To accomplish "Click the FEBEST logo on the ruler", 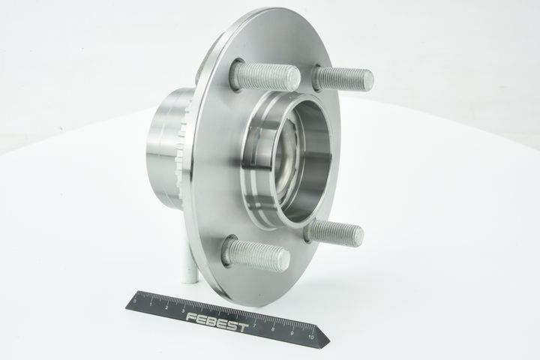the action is tap(217, 322).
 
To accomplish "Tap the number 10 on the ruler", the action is tap(311, 337).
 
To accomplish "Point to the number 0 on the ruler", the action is tap(135, 301).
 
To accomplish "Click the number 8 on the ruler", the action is tap(274, 329).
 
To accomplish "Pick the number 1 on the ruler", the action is tap(151, 304).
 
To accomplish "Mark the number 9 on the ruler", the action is tap(292, 333).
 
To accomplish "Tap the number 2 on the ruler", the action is tap(167, 307).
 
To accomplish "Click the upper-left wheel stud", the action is tap(265, 76).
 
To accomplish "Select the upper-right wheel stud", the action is tap(342, 79).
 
